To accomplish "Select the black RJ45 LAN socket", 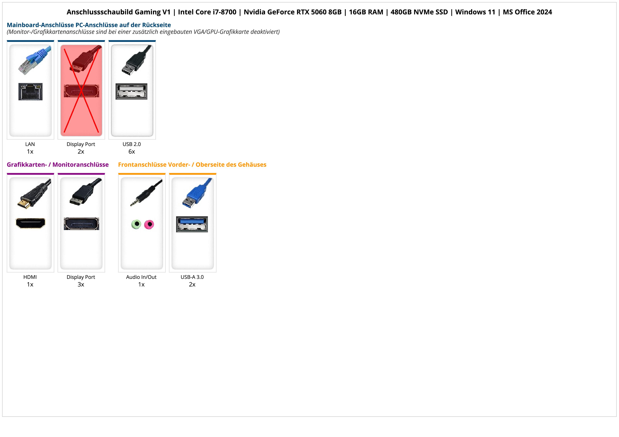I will coord(31,91).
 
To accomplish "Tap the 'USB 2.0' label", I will coord(132,144).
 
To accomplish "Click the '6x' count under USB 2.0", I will coord(132,152).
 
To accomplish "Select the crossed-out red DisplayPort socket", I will coord(81,91).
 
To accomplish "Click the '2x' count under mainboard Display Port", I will coord(81,152).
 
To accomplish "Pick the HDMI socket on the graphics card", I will coord(31,223).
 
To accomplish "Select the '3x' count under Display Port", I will coord(81,285).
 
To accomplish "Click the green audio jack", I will coord(136,224).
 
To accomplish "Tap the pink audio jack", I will coord(149,224).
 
